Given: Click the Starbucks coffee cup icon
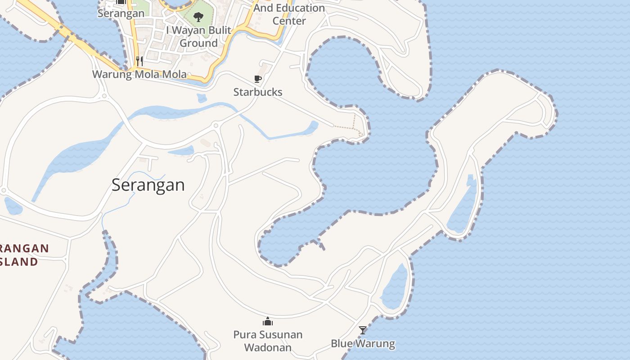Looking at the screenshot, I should (x=258, y=79).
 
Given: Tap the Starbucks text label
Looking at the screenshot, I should (x=258, y=92).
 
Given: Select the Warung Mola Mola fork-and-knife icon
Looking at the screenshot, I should (x=139, y=61).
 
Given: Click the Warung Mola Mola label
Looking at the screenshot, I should (x=139, y=74).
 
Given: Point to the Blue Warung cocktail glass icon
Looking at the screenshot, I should (x=363, y=330).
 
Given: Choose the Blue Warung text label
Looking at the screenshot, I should (x=363, y=344).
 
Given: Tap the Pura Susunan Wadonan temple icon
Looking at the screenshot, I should (x=268, y=321).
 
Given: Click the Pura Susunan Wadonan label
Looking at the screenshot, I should (x=268, y=341).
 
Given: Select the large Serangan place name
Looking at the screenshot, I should (x=148, y=185).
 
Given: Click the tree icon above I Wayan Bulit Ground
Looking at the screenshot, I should (x=198, y=17).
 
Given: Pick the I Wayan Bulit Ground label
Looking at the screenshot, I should (x=198, y=37).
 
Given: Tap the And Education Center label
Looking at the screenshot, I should (x=289, y=14).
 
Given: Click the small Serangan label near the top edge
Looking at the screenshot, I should (x=121, y=13).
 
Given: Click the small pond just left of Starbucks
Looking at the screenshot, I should (x=202, y=98).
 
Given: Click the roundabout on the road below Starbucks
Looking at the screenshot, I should (x=216, y=126).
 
